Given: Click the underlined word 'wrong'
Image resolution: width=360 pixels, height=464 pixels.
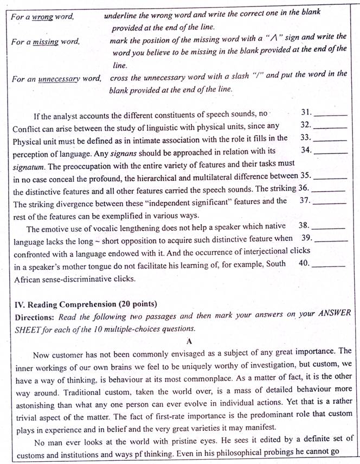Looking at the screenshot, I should pyautogui.click(x=42, y=17).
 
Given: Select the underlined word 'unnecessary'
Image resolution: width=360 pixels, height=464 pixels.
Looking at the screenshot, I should pyautogui.click(x=59, y=79).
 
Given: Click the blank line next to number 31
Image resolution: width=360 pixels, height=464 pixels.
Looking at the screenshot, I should pyautogui.click(x=330, y=115).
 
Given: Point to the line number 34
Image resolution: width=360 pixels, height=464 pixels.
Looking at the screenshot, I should pyautogui.click(x=306, y=150).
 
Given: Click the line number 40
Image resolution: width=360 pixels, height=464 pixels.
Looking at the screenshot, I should pyautogui.click(x=304, y=263).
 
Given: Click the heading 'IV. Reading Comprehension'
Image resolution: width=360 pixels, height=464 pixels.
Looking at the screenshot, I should pyautogui.click(x=63, y=304).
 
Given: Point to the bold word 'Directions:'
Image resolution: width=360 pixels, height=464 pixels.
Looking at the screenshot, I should pyautogui.click(x=35, y=315).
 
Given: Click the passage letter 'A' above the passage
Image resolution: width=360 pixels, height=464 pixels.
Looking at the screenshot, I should pyautogui.click(x=189, y=341).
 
